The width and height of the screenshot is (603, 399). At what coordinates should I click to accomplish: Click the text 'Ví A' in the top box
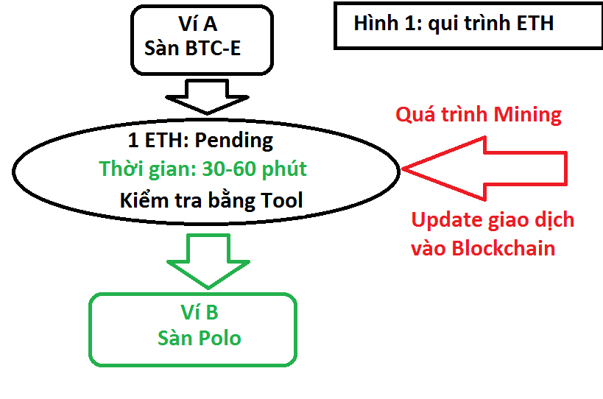point(198,24)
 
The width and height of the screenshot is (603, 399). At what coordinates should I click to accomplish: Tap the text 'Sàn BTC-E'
point(192,48)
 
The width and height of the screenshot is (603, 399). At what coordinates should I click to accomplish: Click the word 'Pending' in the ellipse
point(234,141)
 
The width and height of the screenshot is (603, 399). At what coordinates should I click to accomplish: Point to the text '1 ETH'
point(157,140)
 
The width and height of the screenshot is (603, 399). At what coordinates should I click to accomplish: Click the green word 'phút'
point(284,169)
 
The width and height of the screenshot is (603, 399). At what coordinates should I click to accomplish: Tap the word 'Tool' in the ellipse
point(282,200)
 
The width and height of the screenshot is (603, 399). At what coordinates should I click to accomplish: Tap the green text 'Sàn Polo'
point(200,338)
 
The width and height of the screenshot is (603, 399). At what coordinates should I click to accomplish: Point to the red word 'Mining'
point(527,116)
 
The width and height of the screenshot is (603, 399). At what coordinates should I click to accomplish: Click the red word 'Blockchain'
point(504,248)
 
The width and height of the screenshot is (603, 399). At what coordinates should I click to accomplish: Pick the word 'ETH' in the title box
point(535,23)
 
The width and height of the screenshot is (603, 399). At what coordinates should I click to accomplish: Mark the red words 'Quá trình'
point(442,115)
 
